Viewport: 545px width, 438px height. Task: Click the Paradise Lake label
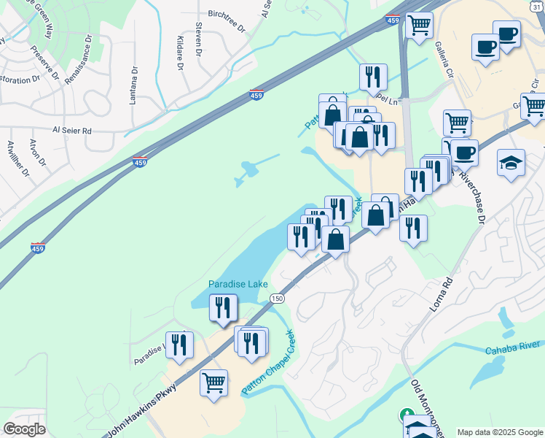coord(238,284)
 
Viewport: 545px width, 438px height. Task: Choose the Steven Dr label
coord(198,39)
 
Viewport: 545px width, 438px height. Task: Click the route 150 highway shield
coord(276,299)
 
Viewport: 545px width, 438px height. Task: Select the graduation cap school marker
coord(511,162)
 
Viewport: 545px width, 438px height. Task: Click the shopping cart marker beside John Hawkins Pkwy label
coord(214,383)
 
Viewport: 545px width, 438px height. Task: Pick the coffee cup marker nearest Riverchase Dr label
coord(464,153)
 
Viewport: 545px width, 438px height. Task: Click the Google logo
coord(24,429)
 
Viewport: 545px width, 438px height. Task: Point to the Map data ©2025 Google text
coord(499,432)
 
